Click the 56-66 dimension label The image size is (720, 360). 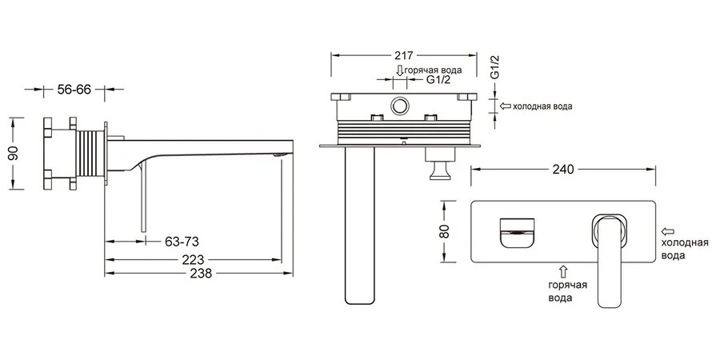pos(74,89)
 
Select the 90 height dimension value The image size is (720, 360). pos(14,154)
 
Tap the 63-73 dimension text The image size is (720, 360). pos(182,241)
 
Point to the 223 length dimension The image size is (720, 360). pos(193,260)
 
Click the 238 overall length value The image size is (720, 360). pos(201,274)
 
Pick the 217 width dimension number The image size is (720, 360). pos(404,55)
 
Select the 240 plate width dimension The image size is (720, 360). pos(563,170)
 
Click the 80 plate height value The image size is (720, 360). pos(444,231)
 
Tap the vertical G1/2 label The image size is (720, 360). pos(494,67)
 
